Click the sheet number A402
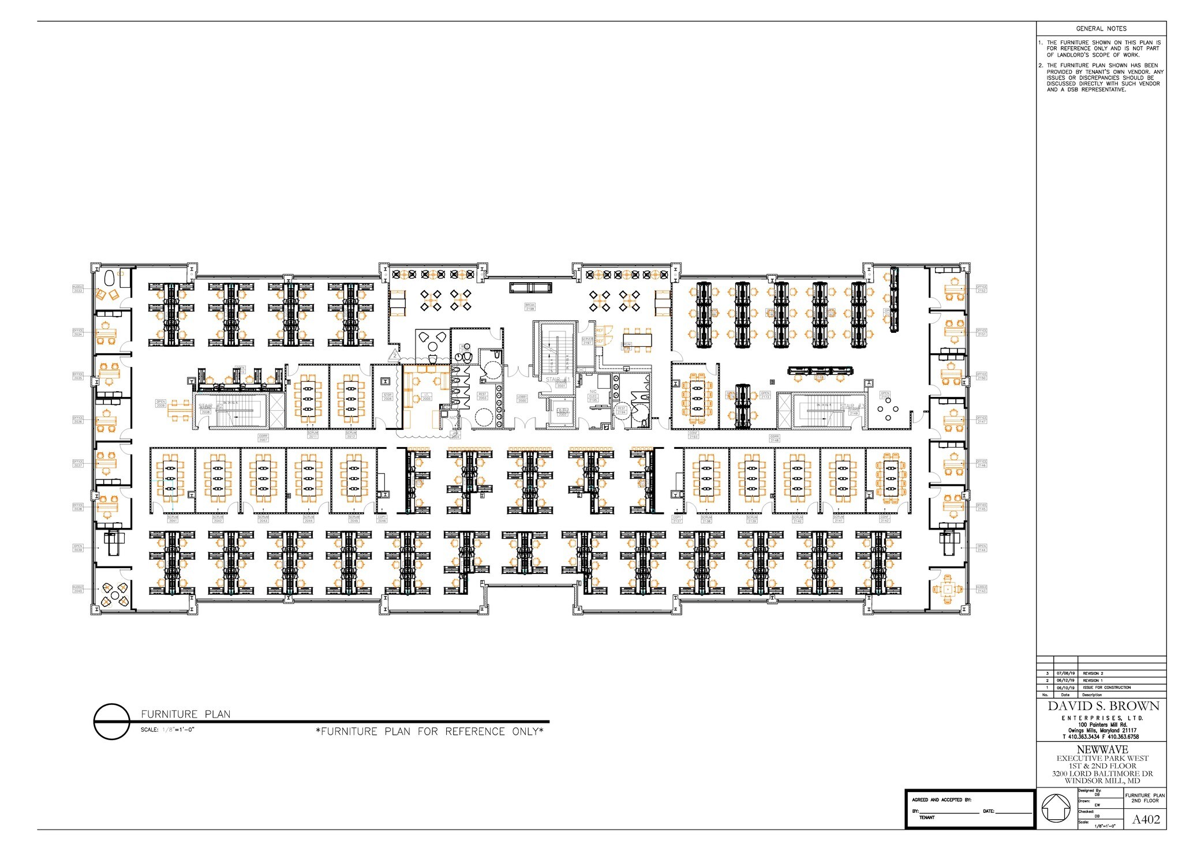[x=1146, y=819]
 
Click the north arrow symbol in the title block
[x=1056, y=809]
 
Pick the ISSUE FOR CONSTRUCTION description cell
[x=1106, y=687]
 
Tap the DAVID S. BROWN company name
[x=1103, y=706]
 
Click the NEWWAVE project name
[x=1102, y=749]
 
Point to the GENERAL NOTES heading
[x=1101, y=28]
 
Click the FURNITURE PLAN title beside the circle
[x=185, y=714]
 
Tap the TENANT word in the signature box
[x=927, y=817]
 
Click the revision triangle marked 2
[x=395, y=355]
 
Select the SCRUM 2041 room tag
[x=172, y=519]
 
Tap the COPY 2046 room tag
[x=381, y=519]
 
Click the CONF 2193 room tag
[x=693, y=436]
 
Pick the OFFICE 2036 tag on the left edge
[x=78, y=420]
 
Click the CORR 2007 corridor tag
[x=263, y=438]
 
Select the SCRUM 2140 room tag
[x=797, y=519]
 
